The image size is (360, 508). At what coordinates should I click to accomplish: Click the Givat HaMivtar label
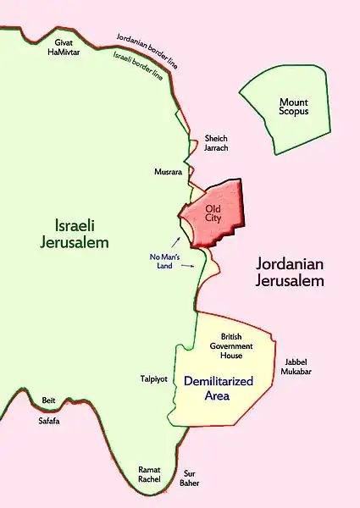click(67, 46)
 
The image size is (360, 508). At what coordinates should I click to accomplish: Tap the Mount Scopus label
click(294, 108)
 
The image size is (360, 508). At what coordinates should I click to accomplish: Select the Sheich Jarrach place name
click(217, 144)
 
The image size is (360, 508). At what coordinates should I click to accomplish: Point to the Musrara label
click(169, 171)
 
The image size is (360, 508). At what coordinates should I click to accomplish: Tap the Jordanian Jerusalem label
click(291, 273)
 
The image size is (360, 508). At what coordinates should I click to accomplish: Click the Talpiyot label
click(155, 379)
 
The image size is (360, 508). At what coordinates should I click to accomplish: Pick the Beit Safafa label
click(48, 410)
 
